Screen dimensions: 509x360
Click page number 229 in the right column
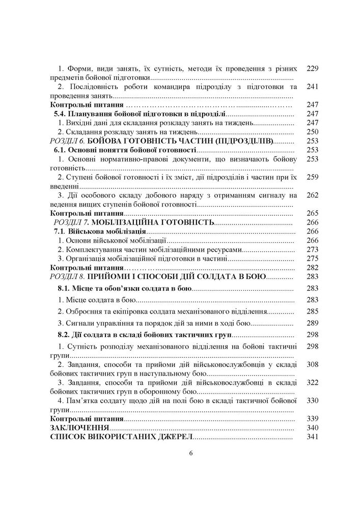coord(313,68)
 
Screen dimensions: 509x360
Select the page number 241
coord(313,87)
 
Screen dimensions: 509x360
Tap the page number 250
coord(313,132)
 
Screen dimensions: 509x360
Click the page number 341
coord(313,437)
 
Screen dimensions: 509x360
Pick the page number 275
coord(313,258)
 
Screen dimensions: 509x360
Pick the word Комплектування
coord(91,249)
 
